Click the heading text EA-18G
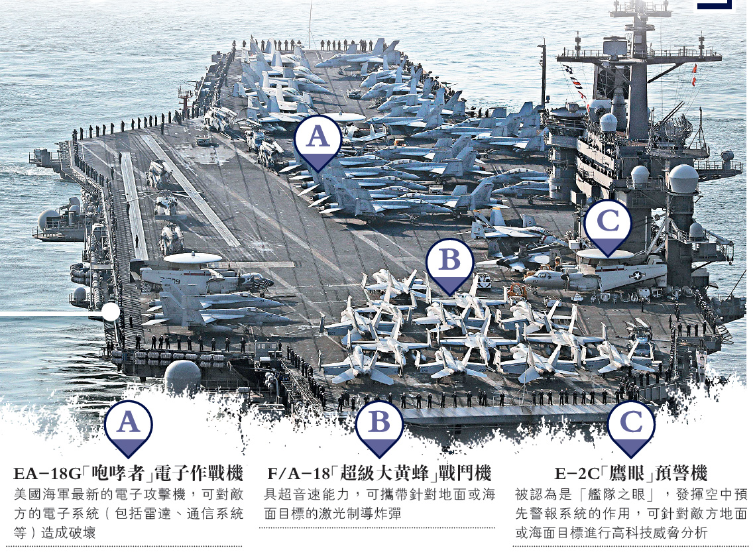[46, 474]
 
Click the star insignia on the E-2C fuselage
[637, 275]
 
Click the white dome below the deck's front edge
[182, 375]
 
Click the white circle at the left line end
[111, 312]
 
